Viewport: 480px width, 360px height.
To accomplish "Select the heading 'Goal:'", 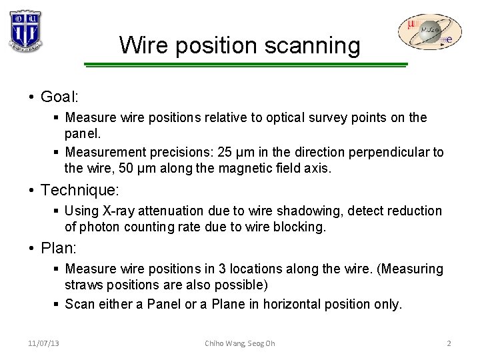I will coord(60,97).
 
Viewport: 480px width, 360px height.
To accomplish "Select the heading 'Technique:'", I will coord(80,190).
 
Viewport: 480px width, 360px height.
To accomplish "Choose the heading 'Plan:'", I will coord(59,249).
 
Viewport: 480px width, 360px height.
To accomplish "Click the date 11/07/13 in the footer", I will coord(44,343).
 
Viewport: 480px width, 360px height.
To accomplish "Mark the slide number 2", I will coord(449,343).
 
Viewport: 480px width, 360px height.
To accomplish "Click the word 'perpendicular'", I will coord(375,152).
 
